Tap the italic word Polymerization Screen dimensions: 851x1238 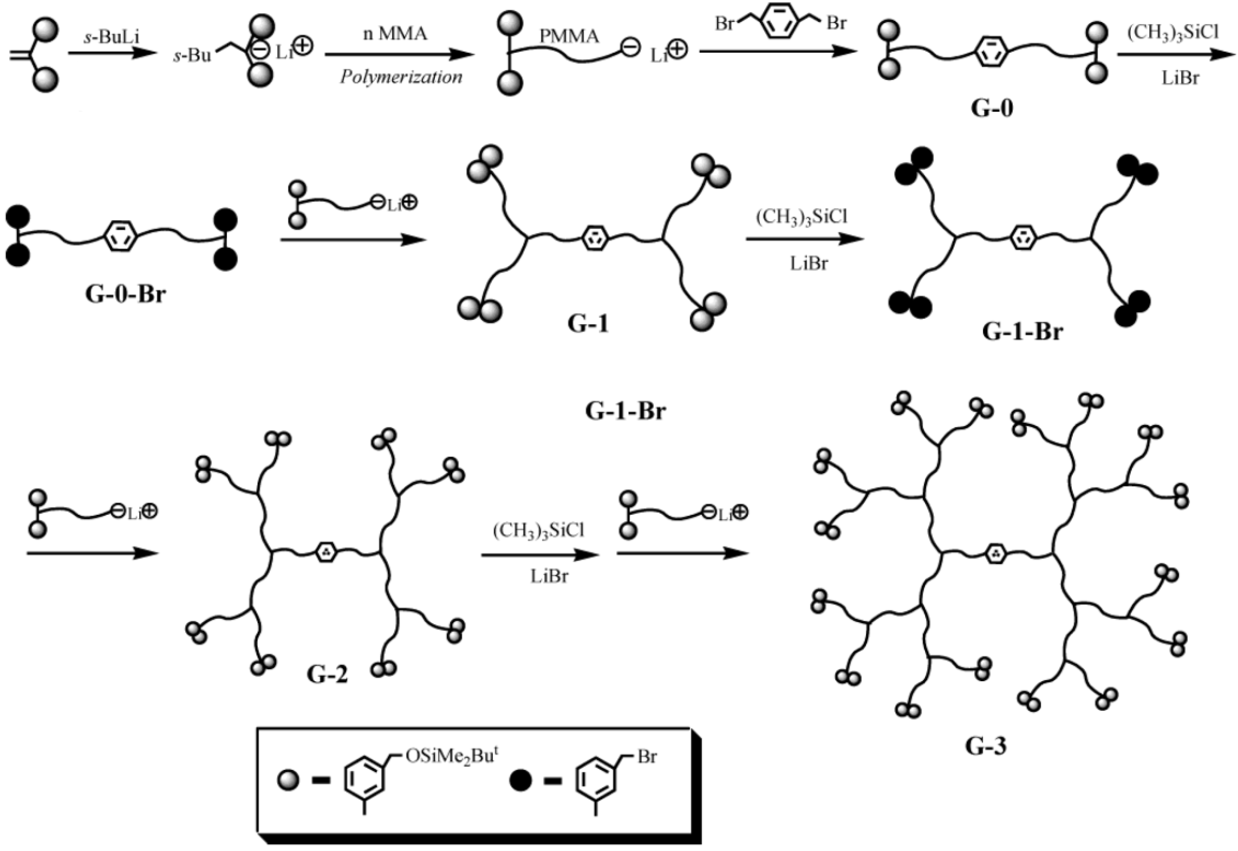[401, 77]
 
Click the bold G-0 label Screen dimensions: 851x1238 [991, 108]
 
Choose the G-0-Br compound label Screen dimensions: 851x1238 [125, 294]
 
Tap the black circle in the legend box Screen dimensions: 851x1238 [521, 782]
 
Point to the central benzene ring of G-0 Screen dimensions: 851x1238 [991, 53]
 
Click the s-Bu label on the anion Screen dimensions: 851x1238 [192, 56]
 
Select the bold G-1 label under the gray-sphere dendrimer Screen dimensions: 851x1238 [588, 324]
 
